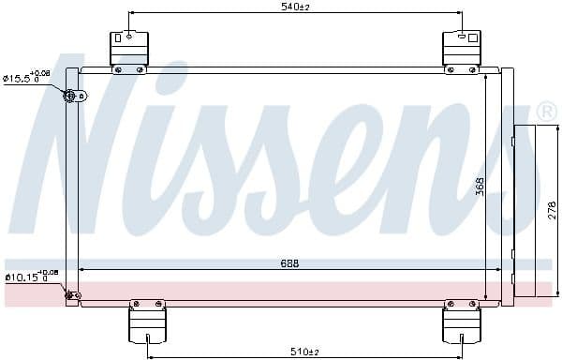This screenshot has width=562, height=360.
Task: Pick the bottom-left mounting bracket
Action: click(x=147, y=325)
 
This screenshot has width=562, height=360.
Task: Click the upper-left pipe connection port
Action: click(x=72, y=95)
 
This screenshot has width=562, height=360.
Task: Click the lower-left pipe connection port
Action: click(x=71, y=296)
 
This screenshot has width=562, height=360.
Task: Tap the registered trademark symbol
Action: click(x=548, y=112)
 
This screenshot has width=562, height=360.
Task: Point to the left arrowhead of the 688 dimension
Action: click(x=82, y=270)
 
